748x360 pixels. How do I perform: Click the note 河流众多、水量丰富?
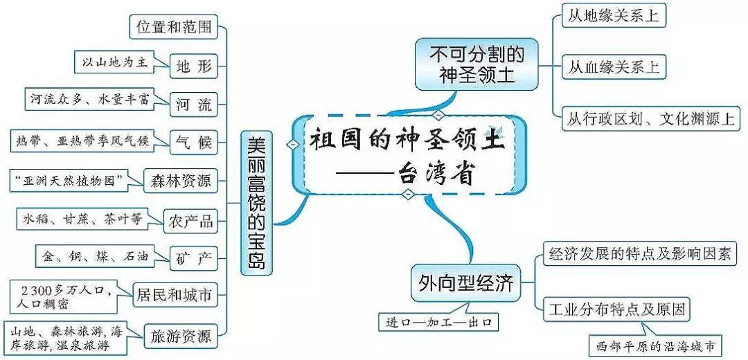(90, 100)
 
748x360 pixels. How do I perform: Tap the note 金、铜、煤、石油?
(96, 255)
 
